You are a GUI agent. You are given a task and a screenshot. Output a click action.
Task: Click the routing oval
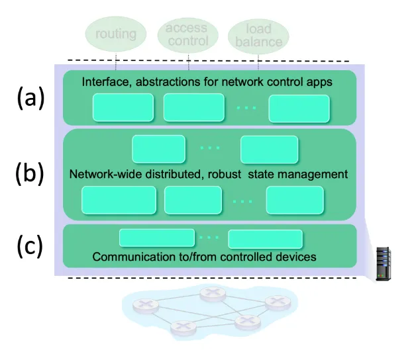coord(116,34)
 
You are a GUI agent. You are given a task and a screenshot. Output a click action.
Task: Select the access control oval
coord(187,34)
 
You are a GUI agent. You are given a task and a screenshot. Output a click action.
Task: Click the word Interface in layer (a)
coord(104,82)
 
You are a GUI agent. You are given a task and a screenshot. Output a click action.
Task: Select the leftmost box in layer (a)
coord(123,107)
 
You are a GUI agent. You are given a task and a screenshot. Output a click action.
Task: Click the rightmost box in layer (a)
coord(299,107)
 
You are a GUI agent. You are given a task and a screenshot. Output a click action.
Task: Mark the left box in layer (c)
coord(156,238)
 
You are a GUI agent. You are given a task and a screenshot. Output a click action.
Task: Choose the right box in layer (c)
coord(266,238)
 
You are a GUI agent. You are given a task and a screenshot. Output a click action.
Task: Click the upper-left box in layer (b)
coord(158,149)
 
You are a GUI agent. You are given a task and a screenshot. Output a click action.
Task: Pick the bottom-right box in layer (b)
coord(295,199)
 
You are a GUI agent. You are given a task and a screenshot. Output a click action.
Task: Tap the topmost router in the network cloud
coord(212,292)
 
